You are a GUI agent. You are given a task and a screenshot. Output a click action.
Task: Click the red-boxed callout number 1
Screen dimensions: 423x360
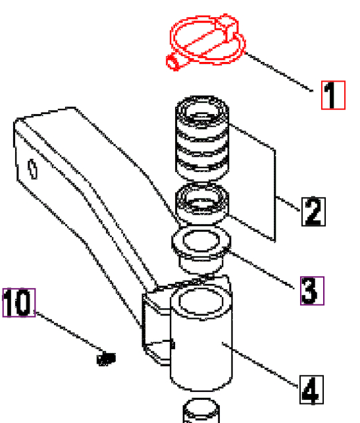[332, 94]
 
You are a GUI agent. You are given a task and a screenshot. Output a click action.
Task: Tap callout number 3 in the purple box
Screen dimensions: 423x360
[312, 291]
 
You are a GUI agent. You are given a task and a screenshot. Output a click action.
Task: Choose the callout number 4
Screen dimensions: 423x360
[311, 389]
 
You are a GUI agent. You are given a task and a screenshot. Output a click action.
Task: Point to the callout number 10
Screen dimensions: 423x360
[18, 303]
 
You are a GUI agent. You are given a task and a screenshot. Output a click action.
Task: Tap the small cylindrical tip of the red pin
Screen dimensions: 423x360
[172, 63]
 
